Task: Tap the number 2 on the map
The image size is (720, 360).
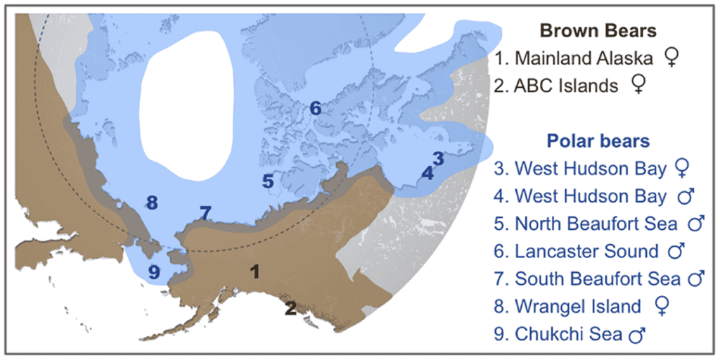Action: (x=290, y=307)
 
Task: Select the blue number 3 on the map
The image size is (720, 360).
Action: (x=438, y=158)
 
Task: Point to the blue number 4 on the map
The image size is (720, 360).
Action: (x=427, y=172)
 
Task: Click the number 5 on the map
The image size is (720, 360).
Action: (x=268, y=181)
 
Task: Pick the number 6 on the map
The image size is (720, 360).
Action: (x=315, y=108)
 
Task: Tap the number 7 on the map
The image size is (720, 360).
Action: (x=205, y=212)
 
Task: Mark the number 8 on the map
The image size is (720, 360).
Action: (x=152, y=203)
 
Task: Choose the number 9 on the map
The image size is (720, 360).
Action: (x=154, y=271)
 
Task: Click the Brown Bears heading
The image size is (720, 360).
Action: (x=598, y=31)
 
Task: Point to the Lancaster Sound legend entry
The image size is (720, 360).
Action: (x=586, y=251)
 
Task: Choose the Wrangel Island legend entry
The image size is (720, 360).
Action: (x=577, y=306)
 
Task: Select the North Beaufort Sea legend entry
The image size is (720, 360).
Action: (x=595, y=224)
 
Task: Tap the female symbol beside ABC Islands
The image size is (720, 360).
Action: (x=638, y=86)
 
